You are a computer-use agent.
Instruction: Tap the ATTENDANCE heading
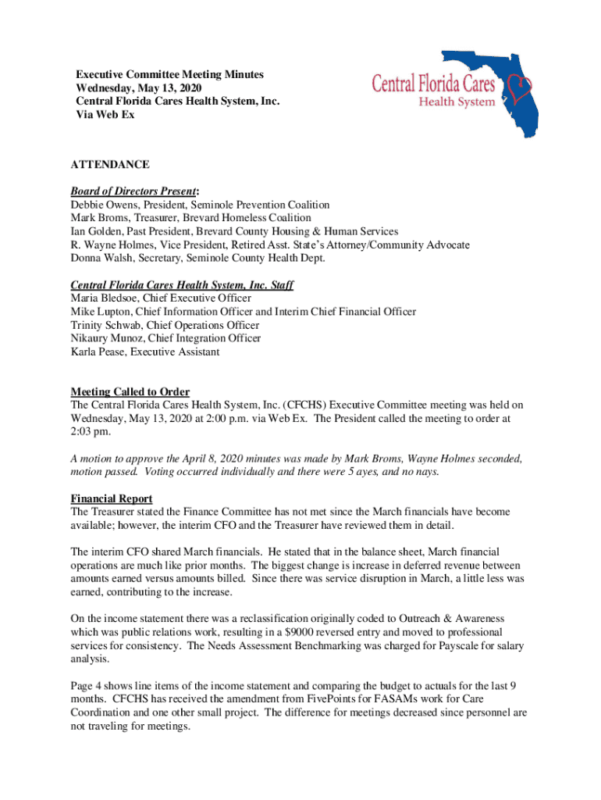point(110,165)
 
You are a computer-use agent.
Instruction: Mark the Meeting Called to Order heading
point(130,392)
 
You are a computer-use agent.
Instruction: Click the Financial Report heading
point(112,498)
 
